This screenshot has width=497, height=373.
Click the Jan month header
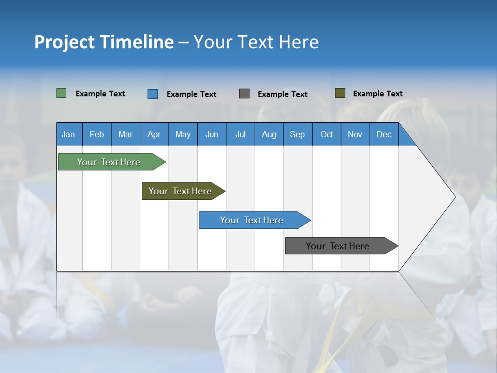tap(69, 134)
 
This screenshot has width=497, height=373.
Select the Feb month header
tap(97, 134)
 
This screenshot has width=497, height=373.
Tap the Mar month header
tap(125, 134)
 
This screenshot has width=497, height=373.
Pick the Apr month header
tap(154, 134)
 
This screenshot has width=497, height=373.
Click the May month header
tap(183, 134)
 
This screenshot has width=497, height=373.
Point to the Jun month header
tap(212, 134)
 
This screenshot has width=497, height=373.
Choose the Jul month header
tap(240, 134)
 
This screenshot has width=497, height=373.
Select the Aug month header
tap(269, 134)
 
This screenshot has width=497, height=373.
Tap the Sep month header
tap(298, 134)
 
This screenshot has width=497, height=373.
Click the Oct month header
tap(327, 134)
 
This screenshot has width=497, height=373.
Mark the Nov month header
tap(355, 134)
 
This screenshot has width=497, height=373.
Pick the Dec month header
tap(384, 134)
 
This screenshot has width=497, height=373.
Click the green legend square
tap(62, 93)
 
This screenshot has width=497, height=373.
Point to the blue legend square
tap(153, 94)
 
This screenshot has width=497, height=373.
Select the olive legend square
tap(340, 93)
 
